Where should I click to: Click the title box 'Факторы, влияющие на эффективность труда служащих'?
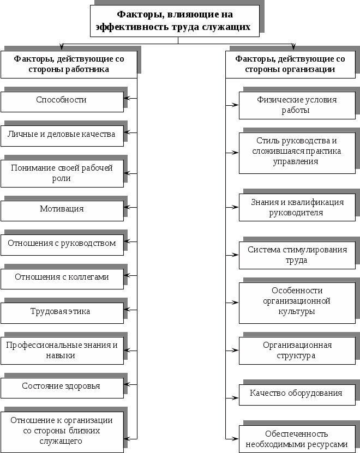tap(174, 21)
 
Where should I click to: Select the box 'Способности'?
tap(62, 101)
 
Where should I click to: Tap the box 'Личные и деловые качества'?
tap(62, 135)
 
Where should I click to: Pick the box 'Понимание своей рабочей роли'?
tap(62, 173)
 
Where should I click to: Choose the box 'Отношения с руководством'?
tap(62, 244)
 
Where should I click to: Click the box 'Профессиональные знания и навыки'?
tap(62, 351)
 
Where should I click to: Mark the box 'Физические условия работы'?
tap(297, 105)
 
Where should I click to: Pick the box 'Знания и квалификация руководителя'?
tap(297, 208)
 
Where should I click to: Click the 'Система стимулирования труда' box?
tap(297, 255)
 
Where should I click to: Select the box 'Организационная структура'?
tap(297, 351)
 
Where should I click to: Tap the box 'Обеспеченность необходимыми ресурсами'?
tap(297, 439)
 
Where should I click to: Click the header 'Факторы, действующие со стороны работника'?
tap(68, 64)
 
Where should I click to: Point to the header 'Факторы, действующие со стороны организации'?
tap(290, 64)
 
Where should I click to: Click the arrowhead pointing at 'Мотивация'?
tap(128, 208)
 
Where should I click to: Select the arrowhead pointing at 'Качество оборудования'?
tap(236, 393)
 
